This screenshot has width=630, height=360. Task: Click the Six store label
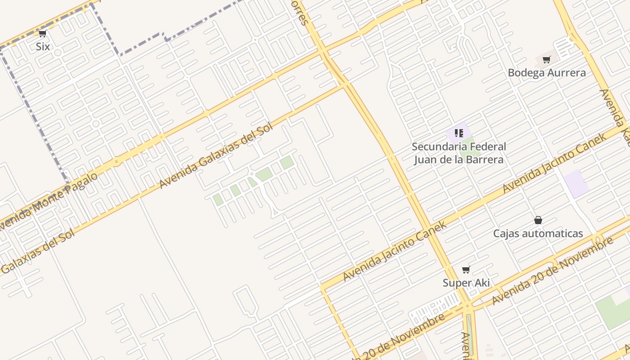click(x=43, y=46)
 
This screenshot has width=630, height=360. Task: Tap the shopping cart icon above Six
click(x=43, y=34)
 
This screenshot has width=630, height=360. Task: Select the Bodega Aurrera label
click(x=547, y=72)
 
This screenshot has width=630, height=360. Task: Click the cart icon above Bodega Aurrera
click(x=547, y=59)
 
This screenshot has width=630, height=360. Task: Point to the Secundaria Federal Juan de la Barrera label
click(x=459, y=153)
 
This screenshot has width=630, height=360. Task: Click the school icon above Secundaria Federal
click(x=459, y=133)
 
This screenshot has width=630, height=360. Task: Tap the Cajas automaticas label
click(x=538, y=234)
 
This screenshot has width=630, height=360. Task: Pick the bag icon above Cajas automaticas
click(x=538, y=220)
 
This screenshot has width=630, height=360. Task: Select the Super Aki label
click(x=466, y=283)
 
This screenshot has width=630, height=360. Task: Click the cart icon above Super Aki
click(x=466, y=270)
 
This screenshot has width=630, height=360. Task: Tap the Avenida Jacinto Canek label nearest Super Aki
click(x=394, y=251)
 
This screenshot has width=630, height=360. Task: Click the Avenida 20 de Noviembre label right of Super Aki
click(x=553, y=270)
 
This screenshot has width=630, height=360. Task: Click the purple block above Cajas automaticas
click(x=576, y=183)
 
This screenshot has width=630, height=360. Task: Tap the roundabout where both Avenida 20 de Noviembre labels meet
click(x=467, y=306)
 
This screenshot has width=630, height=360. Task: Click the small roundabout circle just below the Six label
click(x=57, y=53)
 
